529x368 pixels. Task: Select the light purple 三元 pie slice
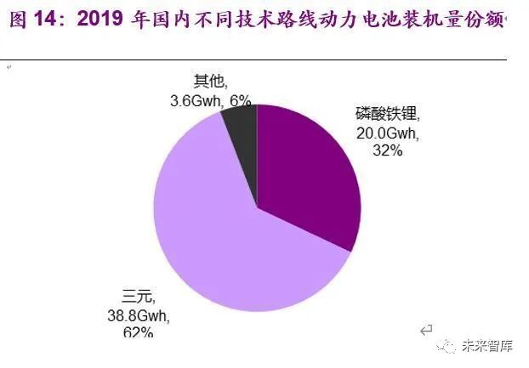pos(213,238)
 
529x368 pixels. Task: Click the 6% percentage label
pos(241,100)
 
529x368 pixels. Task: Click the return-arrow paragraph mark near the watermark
pos(427,329)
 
